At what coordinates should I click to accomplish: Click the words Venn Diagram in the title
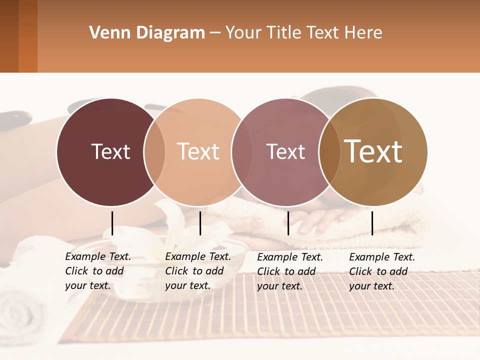pos(147,33)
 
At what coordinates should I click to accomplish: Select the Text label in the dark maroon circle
pos(110,151)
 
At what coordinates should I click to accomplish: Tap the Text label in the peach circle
pos(198,151)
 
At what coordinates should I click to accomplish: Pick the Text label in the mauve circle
pos(285,151)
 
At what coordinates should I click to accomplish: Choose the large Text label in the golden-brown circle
pos(373,151)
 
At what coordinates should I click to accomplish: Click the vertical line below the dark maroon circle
pos(112,223)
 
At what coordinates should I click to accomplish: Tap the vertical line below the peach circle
pos(200,223)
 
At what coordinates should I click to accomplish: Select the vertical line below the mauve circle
pos(288,223)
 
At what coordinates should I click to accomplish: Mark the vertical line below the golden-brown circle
pos(372,223)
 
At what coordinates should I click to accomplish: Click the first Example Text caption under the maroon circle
pos(98,271)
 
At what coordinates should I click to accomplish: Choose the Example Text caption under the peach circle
pos(198,271)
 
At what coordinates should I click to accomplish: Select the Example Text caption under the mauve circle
pos(290,271)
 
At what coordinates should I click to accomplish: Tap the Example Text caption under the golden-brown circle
pos(382,271)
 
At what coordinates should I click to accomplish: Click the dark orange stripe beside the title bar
pos(28,36)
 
